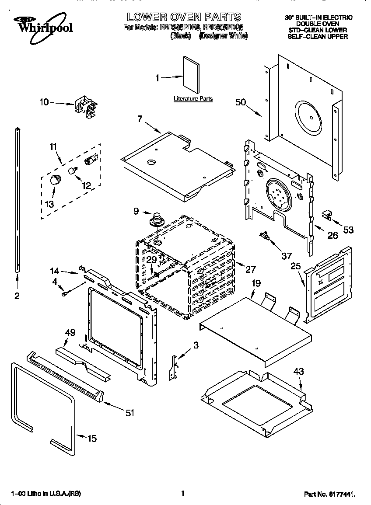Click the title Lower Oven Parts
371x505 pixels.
[x=184, y=17]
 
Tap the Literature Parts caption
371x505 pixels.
[x=193, y=99]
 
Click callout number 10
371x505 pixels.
[x=45, y=102]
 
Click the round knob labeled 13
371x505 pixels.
[x=55, y=179]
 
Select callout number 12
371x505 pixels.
[x=86, y=185]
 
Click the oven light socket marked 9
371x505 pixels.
[x=156, y=219]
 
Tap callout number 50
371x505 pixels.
[x=241, y=103]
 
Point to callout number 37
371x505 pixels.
[x=286, y=256]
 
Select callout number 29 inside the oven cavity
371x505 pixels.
[x=151, y=259]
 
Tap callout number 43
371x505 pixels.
[x=298, y=371]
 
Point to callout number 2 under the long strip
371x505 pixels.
[x=17, y=296]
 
